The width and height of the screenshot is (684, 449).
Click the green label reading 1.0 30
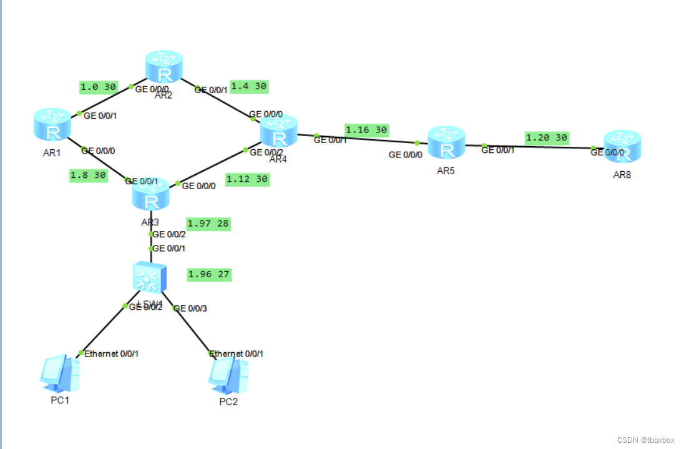tap(99, 87)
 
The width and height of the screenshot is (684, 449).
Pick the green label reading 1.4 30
tap(249, 86)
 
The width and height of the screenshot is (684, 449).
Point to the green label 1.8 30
tap(88, 176)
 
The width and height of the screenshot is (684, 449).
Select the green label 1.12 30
tap(247, 179)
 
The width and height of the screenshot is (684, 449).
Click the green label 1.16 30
tap(366, 130)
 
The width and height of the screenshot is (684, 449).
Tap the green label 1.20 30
tap(546, 137)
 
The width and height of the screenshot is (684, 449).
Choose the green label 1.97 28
tap(208, 224)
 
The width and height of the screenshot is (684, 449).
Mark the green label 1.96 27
tap(209, 274)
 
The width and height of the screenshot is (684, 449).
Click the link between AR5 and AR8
tap(537, 147)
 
